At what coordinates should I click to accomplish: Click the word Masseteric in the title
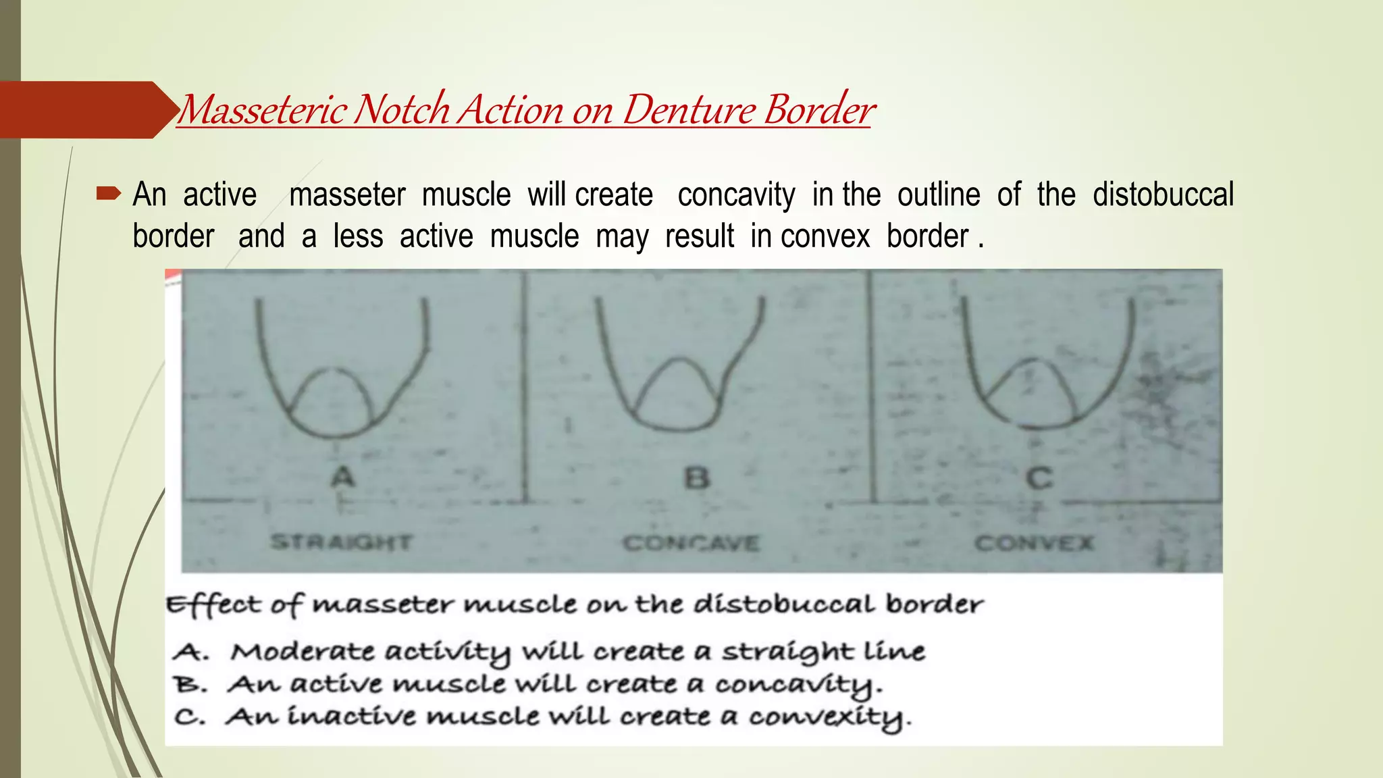(264, 109)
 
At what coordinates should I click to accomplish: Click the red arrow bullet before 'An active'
(108, 195)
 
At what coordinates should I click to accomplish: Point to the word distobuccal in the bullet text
(1163, 195)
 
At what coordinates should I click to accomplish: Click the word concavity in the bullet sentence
(736, 195)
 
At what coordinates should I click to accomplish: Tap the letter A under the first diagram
(343, 477)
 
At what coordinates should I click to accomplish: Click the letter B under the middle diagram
(696, 478)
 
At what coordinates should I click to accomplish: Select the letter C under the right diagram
(1039, 478)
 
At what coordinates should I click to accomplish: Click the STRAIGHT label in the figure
(341, 542)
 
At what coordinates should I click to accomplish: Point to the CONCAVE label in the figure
(691, 543)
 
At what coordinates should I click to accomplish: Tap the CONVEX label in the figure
(1034, 543)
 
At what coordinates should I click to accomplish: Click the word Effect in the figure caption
(213, 604)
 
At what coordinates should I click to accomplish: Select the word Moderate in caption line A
(302, 652)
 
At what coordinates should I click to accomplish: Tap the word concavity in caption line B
(797, 685)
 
